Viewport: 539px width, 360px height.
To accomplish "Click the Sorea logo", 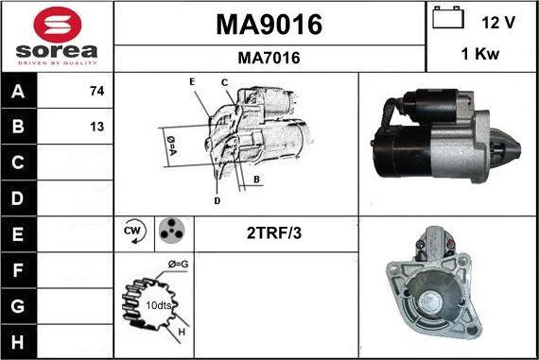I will click(x=57, y=36).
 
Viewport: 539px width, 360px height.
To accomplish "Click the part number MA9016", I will click(x=269, y=25).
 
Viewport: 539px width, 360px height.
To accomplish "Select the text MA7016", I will click(x=269, y=59).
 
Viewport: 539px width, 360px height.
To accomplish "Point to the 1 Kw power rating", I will click(x=481, y=56).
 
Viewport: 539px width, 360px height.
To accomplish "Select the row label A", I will click(x=19, y=92).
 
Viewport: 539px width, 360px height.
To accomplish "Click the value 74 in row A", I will click(x=96, y=92).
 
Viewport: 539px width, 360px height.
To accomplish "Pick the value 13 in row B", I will click(x=96, y=127).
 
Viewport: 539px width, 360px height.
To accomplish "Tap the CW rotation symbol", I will click(x=132, y=231).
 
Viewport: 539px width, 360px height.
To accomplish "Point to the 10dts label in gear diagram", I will click(x=157, y=306).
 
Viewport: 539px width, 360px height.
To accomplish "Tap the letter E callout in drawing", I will click(x=192, y=82).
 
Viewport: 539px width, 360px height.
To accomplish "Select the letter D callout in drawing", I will click(x=217, y=200).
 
